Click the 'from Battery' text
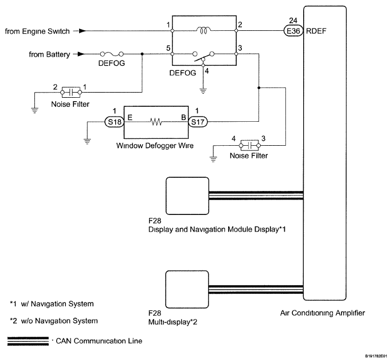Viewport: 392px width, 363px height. coord(50,55)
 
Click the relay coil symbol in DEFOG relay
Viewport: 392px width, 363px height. coord(203,30)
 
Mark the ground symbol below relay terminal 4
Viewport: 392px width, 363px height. coord(203,90)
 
